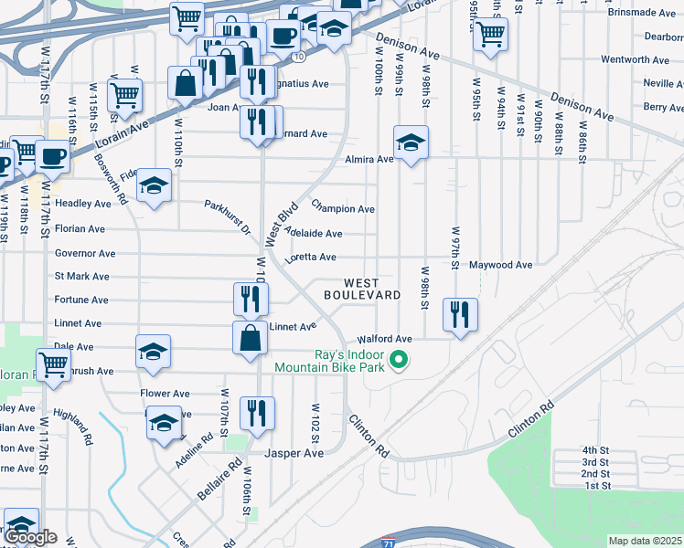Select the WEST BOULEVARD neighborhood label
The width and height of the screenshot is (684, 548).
(x=362, y=289)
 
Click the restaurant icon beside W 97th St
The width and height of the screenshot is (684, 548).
(x=460, y=314)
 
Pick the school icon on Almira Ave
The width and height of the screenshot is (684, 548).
(x=411, y=142)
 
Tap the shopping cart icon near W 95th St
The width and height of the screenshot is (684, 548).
(x=491, y=35)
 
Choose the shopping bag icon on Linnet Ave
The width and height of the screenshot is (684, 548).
(x=251, y=337)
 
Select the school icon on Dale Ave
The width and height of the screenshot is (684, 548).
(x=153, y=352)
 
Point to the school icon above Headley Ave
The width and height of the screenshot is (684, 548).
(x=155, y=184)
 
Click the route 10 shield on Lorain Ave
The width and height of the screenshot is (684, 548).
(x=299, y=57)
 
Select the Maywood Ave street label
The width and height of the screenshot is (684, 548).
(x=500, y=265)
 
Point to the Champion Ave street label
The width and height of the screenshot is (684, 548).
(x=343, y=208)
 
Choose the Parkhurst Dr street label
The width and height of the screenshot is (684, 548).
(x=227, y=216)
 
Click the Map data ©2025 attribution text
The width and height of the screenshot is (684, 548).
(x=645, y=541)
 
